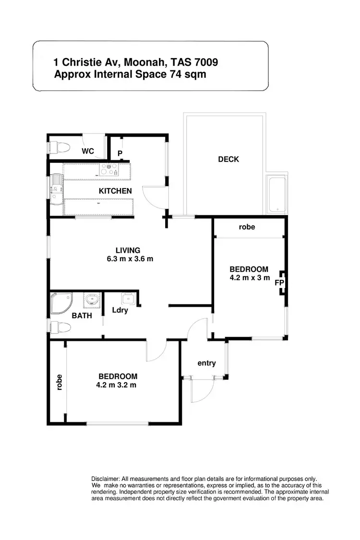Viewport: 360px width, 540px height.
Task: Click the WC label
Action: [x=87, y=151]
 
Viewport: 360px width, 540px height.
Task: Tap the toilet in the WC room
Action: [x=60, y=146]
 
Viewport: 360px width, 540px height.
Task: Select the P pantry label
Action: [x=120, y=154]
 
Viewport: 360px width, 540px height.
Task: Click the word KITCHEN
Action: [x=115, y=191]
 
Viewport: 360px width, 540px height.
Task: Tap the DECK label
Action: [x=228, y=159]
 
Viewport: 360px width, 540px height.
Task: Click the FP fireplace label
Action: [x=279, y=283]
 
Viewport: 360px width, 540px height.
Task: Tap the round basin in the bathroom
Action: [x=91, y=301]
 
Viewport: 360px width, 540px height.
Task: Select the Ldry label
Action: [x=120, y=310]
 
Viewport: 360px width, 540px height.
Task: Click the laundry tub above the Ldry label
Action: [x=127, y=299]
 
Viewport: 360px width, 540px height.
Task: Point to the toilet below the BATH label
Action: [x=60, y=328]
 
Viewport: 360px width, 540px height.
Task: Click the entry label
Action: [x=206, y=363]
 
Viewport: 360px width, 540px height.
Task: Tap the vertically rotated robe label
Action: [x=60, y=382]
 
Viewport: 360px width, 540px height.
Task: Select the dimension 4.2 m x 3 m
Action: [x=250, y=277]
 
